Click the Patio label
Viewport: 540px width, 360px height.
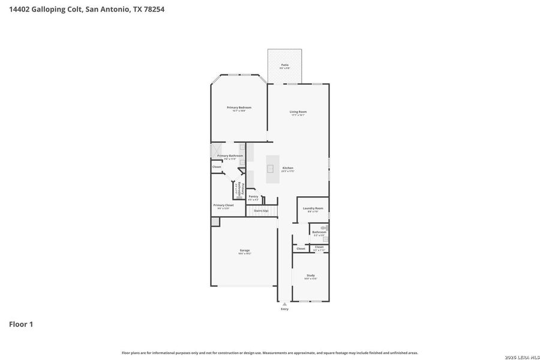click(x=284, y=65)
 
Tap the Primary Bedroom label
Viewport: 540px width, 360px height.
click(x=239, y=107)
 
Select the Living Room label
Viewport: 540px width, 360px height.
click(x=298, y=112)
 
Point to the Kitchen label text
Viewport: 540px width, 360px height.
click(x=288, y=168)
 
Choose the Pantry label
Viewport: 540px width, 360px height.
click(x=253, y=196)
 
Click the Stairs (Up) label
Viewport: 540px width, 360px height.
click(x=261, y=211)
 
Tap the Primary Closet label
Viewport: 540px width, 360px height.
click(x=223, y=205)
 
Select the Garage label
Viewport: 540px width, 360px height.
click(x=245, y=250)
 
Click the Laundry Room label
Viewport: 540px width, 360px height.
click(x=313, y=208)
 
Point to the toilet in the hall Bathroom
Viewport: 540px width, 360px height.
click(x=325, y=228)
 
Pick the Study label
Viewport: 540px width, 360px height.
click(x=310, y=275)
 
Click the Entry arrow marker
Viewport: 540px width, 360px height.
click(x=284, y=304)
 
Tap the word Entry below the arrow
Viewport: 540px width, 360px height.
click(x=284, y=309)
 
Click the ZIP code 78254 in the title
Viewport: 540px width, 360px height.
click(x=153, y=10)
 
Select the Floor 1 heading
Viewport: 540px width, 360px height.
click(x=21, y=324)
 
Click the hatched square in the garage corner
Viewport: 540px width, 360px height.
click(x=215, y=221)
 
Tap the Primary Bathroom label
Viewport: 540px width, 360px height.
click(x=230, y=155)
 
